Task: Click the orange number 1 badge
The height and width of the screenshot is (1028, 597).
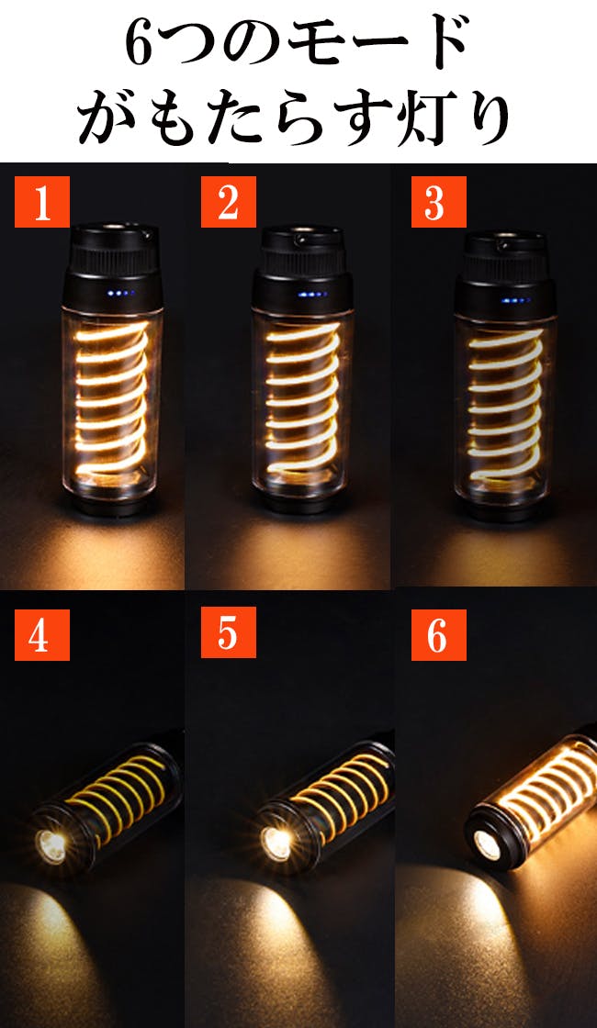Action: pos(42,202)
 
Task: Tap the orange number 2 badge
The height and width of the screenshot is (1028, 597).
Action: pos(229,202)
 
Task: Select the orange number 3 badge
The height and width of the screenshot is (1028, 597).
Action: pos(439,202)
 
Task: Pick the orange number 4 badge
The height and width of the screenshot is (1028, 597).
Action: pos(42,634)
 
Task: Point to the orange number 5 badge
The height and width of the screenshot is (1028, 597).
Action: pos(229,632)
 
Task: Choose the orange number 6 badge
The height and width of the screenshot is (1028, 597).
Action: pos(439,634)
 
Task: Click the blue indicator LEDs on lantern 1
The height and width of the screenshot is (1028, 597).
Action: pos(120,293)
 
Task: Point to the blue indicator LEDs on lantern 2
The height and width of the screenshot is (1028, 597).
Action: pos(312,295)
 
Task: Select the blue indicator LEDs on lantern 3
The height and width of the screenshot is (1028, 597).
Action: pos(517,300)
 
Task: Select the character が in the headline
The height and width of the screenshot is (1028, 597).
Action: pos(109,118)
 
